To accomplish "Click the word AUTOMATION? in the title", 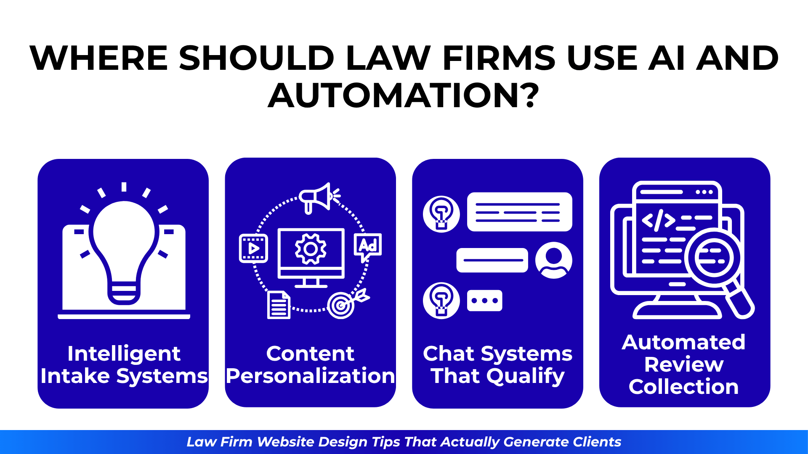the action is [404, 95].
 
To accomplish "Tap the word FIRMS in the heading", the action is [499, 58].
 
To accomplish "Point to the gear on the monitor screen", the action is [311, 249].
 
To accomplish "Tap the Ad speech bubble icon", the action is [368, 247].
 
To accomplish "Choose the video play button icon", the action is [253, 248].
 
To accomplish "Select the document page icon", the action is [279, 305].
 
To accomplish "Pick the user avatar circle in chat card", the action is [553, 260].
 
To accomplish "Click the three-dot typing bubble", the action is [485, 301].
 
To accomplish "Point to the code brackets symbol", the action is [659, 221].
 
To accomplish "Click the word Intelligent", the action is [124, 354].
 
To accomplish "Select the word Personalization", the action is [311, 376].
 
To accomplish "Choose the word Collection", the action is [684, 387].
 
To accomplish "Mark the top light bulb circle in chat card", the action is [441, 214].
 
